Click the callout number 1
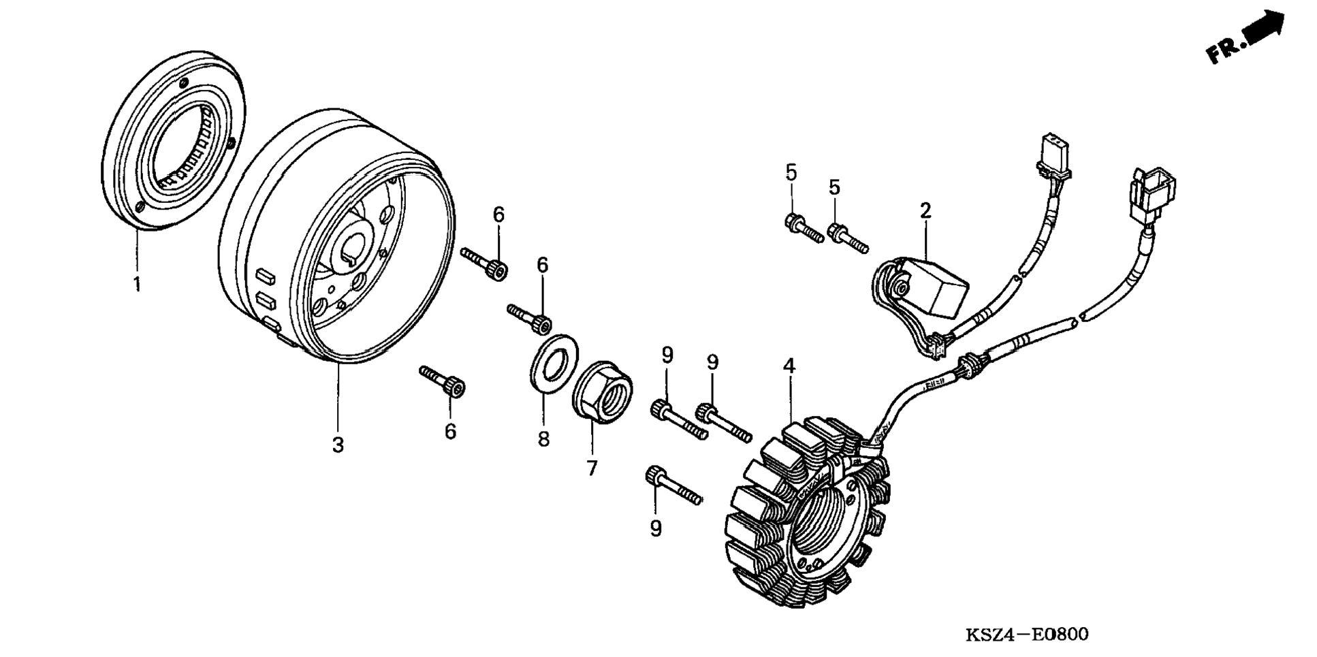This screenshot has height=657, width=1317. tap(137, 283)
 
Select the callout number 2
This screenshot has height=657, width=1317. tap(925, 210)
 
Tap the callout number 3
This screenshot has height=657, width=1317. tap(338, 445)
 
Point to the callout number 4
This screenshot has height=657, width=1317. tap(789, 366)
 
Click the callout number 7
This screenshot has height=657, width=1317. tap(591, 468)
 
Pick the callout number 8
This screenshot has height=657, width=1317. tap(543, 439)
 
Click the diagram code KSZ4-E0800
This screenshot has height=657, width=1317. tap(1027, 635)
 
